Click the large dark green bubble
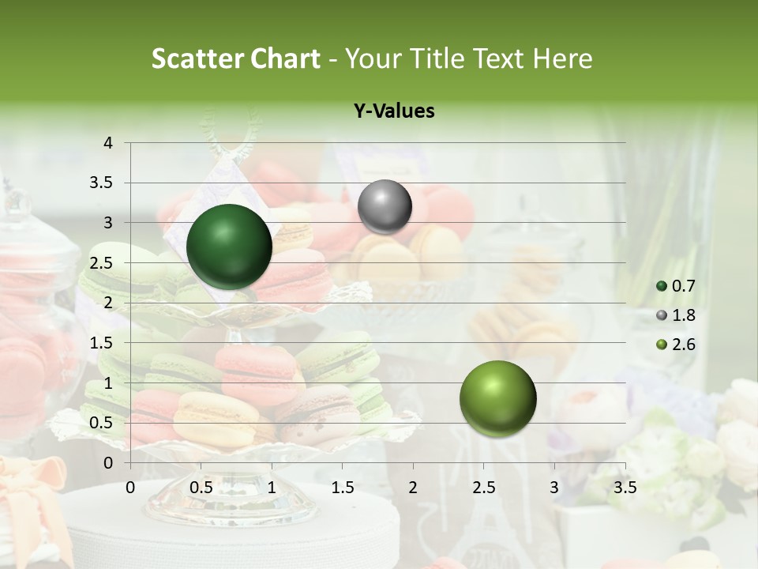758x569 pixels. (229, 247)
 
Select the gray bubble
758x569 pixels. (385, 206)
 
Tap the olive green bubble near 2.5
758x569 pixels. (497, 398)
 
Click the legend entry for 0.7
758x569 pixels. (677, 286)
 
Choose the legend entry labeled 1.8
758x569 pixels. (677, 315)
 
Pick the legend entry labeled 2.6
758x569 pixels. (677, 345)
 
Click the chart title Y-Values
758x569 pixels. (394, 111)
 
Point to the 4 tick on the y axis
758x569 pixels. (109, 143)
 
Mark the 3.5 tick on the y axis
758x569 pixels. (101, 183)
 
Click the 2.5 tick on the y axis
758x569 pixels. (101, 263)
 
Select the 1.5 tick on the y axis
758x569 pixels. (101, 343)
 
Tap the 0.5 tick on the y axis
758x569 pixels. (101, 423)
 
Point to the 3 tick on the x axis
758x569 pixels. (554, 487)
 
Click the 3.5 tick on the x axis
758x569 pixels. (625, 487)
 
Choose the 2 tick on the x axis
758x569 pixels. (413, 487)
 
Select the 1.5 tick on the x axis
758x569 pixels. (342, 487)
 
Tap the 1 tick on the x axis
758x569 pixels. (272, 487)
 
